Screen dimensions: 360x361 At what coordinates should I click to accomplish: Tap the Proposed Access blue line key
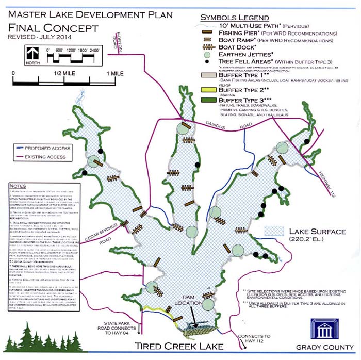pyautogui.click(x=20, y=148)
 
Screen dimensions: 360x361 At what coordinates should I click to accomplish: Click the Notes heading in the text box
pyautogui.click(x=18, y=186)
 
